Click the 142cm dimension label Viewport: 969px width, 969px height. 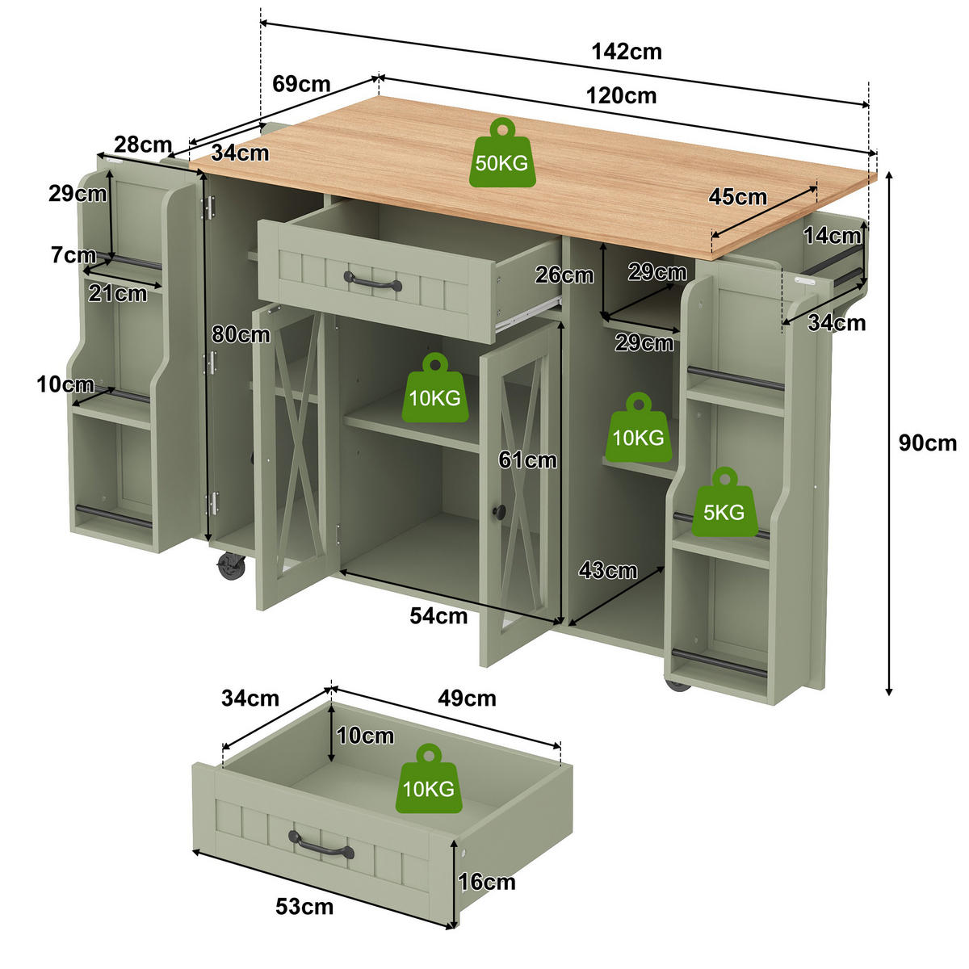coord(627,52)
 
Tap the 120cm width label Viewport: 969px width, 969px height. coord(622,95)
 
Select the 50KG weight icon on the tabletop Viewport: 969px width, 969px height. coord(502,153)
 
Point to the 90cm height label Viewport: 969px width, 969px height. coord(928,443)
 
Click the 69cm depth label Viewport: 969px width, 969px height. coord(301,84)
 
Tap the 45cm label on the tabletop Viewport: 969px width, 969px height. coord(738,197)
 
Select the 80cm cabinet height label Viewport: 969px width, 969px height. coord(241,334)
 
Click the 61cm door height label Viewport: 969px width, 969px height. coord(527,459)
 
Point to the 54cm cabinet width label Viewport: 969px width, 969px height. coord(438,616)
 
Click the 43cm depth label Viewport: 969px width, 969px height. coord(608,570)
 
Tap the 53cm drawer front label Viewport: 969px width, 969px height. coord(304,907)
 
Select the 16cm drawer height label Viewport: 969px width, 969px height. coord(487,882)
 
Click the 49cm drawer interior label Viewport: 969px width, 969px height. coord(467,698)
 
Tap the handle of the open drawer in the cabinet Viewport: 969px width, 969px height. coord(372,281)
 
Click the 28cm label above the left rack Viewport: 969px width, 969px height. coord(143,145)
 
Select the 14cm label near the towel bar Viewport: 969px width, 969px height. coord(833,236)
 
